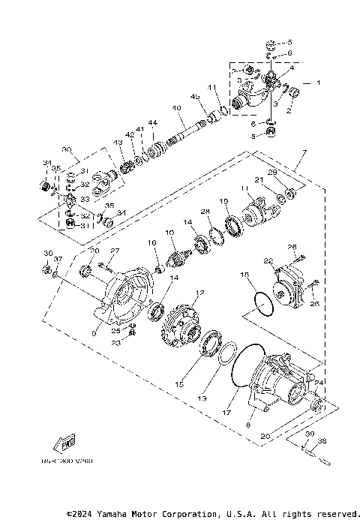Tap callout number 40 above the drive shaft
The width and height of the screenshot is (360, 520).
178,108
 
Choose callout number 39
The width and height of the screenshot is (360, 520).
309,434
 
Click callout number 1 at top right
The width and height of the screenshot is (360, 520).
317,82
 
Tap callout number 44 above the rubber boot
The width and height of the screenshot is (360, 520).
152,123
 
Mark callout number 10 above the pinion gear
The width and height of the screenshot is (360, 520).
169,234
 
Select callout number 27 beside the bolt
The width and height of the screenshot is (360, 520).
115,251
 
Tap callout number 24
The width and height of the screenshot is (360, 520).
321,381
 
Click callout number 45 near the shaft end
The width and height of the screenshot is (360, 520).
195,97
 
